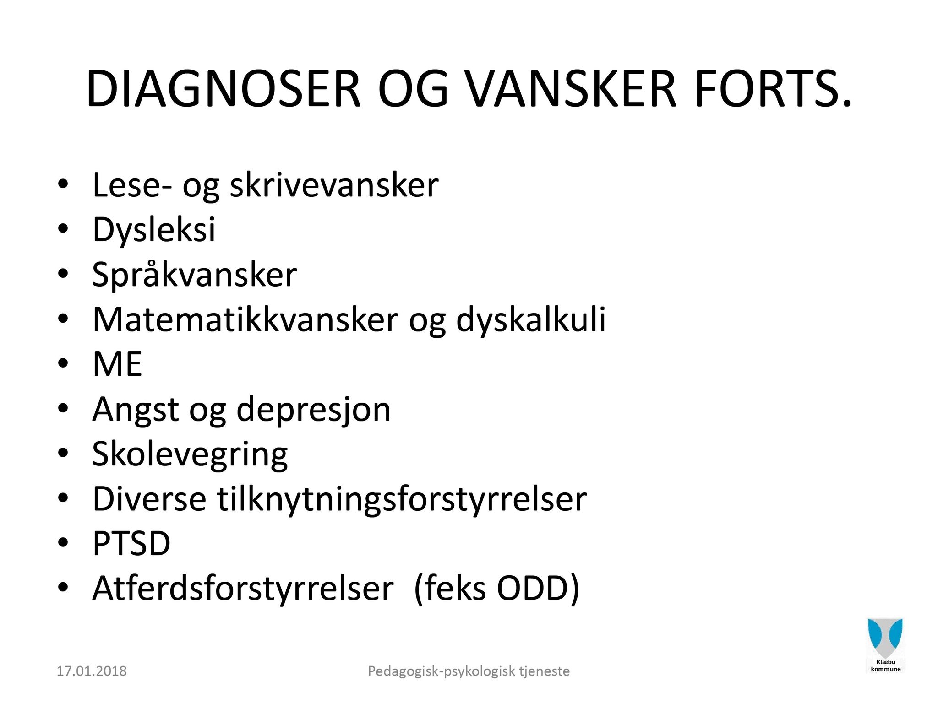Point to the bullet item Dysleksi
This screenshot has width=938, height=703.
pos(154,229)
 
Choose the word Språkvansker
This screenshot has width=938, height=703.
pos(195,274)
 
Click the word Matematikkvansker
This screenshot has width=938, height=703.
pos(245,319)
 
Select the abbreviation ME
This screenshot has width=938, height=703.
pos(117,364)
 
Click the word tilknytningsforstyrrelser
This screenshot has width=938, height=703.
pos(402,499)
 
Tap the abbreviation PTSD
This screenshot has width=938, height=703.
pos(131,544)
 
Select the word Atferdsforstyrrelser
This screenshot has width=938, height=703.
pos(243,588)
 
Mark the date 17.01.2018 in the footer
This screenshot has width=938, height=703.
pos(92,671)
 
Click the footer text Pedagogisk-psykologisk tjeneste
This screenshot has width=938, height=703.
pos(469,671)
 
